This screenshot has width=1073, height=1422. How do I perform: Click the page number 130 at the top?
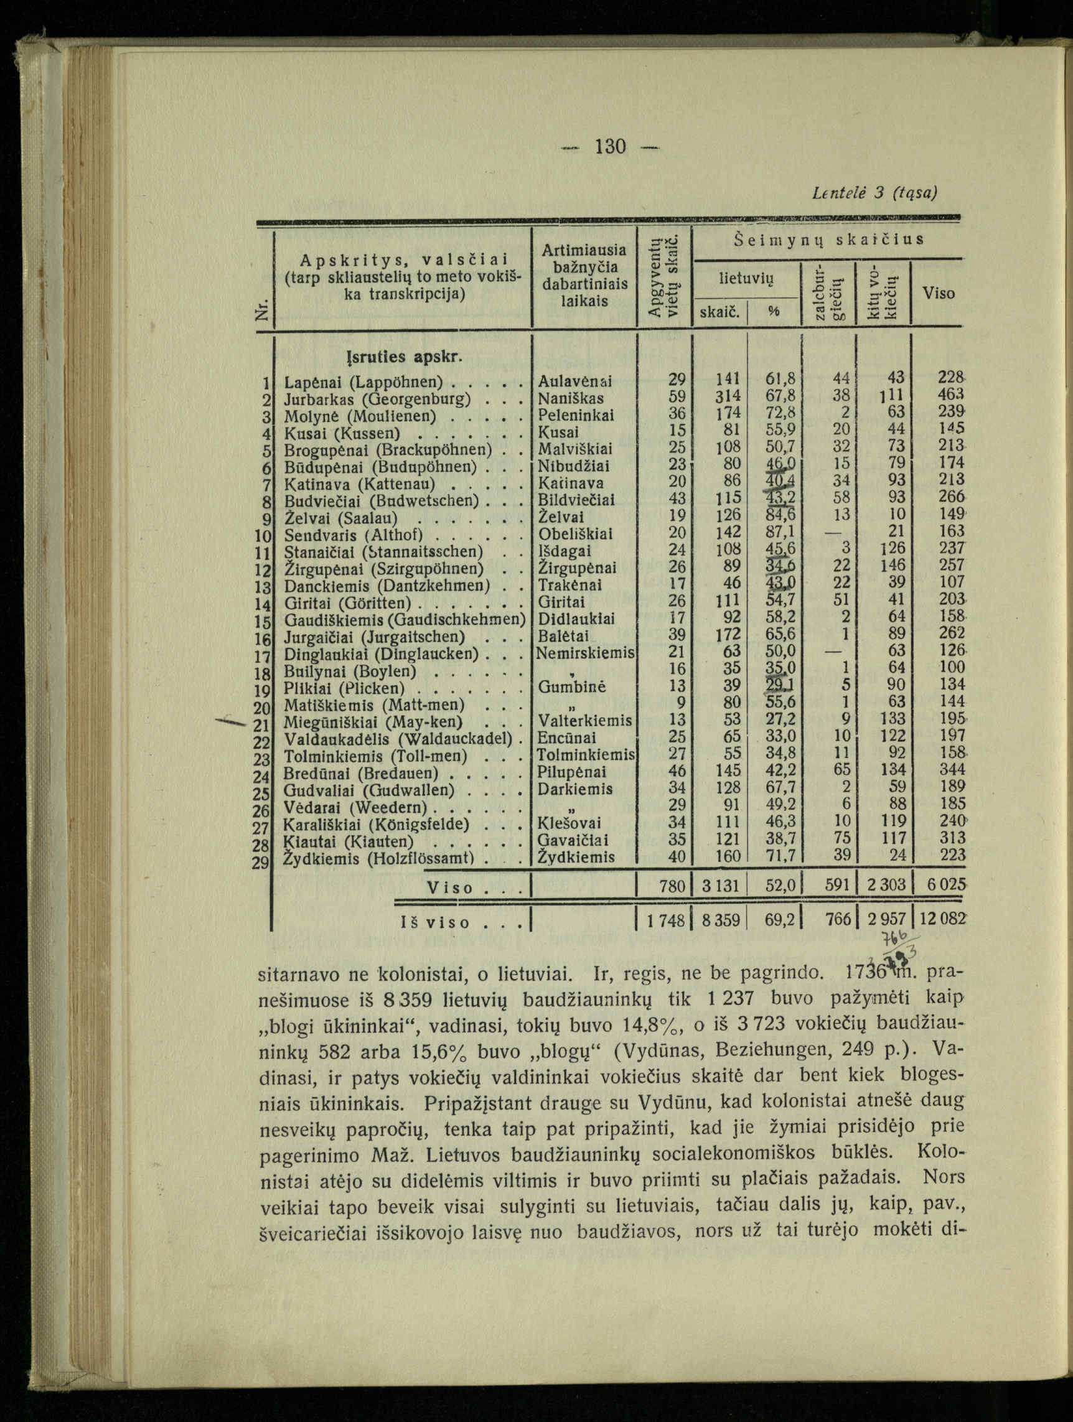[610, 147]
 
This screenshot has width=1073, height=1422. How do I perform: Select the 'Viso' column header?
[938, 293]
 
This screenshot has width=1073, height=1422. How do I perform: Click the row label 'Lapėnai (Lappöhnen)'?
[364, 381]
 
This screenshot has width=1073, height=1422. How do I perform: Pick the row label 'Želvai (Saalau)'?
[340, 518]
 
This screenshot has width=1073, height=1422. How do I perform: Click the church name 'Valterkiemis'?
[585, 721]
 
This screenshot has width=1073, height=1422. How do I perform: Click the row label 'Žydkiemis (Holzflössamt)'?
[379, 857]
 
